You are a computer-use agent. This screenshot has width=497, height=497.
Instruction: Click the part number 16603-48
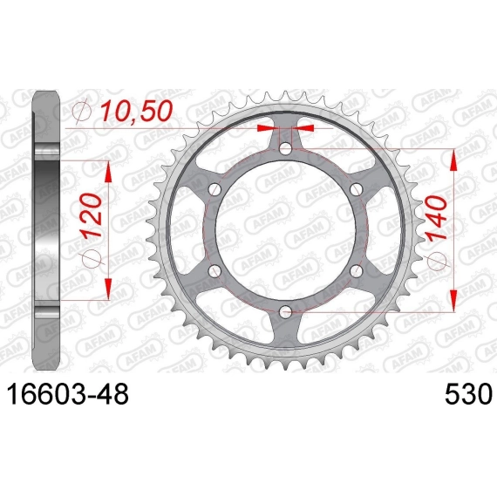coord(67,394)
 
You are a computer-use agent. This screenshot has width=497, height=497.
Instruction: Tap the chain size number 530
coord(468,394)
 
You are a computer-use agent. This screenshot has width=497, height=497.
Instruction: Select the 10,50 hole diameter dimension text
coord(137,111)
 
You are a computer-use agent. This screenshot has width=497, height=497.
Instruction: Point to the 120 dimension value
coord(92,216)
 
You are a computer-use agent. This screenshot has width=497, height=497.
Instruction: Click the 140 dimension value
coord(437,218)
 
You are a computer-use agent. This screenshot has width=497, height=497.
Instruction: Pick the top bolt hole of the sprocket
coord(286,148)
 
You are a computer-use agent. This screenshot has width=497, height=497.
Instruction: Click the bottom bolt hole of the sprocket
coord(286,312)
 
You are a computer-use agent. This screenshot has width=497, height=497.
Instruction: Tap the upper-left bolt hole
coord(214,189)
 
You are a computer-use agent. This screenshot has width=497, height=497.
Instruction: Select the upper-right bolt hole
coord(357,189)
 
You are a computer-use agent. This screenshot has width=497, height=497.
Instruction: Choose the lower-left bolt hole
coord(214,270)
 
